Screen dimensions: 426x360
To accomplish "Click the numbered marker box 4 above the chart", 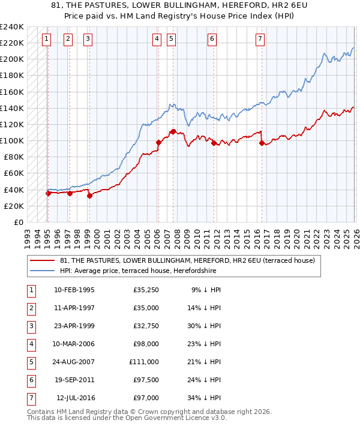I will pos(157,39).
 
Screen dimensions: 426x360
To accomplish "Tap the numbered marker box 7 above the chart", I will pos(260,39).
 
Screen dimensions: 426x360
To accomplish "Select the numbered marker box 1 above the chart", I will pos(47,39).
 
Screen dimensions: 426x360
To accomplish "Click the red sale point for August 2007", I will pos(173,131).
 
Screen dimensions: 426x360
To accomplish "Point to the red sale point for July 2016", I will pos(262,143).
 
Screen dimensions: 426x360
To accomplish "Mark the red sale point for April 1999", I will pos(89,195).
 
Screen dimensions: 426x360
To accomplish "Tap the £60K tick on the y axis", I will pos(14,173).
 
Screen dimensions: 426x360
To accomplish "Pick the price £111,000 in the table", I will pos(143,362).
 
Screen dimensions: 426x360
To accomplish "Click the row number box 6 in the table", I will pos(31,380).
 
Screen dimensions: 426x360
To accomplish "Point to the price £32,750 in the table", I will pos(146,326).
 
